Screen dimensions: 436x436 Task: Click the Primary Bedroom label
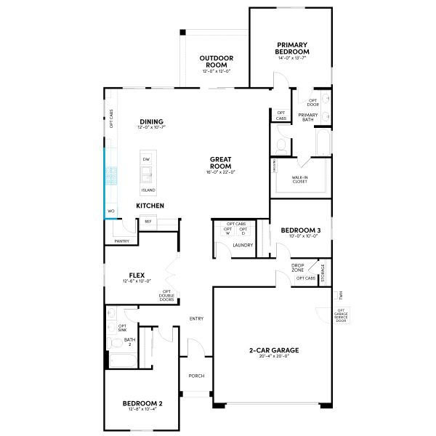293,49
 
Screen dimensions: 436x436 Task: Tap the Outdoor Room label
217,62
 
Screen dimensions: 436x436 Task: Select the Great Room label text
220,162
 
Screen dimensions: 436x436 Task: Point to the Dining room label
152,121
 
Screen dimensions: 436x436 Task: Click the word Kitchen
150,206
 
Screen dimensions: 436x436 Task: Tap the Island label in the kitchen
148,190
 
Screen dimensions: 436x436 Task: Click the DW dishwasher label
146,159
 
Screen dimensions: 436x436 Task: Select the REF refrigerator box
148,222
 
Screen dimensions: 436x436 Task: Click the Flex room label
137,275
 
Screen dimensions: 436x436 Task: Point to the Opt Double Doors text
167,296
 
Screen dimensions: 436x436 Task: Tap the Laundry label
242,245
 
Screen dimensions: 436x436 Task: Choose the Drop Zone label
298,267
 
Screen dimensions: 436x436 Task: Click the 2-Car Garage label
274,350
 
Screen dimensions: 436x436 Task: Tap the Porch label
196,376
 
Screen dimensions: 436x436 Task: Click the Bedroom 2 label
142,403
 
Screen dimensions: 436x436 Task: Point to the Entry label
196,318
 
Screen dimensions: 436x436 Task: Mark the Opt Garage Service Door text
341,315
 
